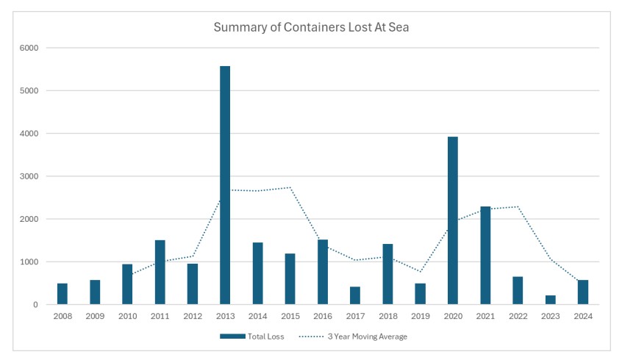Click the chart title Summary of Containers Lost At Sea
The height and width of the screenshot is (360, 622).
tap(310, 28)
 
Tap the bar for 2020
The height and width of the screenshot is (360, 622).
tap(452, 220)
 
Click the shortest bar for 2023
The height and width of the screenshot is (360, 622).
tap(550, 300)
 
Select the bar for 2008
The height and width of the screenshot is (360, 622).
tap(62, 294)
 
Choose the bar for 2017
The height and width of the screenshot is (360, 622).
tap(355, 295)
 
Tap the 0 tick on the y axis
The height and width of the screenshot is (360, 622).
tap(35, 304)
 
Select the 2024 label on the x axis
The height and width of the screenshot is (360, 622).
tap(582, 316)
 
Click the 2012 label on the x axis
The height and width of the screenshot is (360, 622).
tap(192, 316)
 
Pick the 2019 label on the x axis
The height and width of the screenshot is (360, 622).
tap(420, 316)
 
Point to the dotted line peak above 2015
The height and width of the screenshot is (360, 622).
tap(290, 187)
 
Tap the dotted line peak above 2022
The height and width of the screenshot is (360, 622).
tap(518, 206)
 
